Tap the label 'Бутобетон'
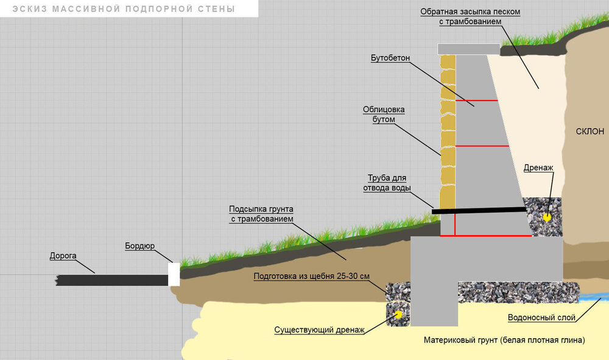390,58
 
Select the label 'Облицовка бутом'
384,115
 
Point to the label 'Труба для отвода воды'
387,183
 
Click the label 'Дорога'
63,256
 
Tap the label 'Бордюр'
140,246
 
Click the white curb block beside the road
174,274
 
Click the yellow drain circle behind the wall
547,216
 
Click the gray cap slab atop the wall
468,49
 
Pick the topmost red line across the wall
477,100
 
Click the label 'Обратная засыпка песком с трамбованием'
471,16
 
